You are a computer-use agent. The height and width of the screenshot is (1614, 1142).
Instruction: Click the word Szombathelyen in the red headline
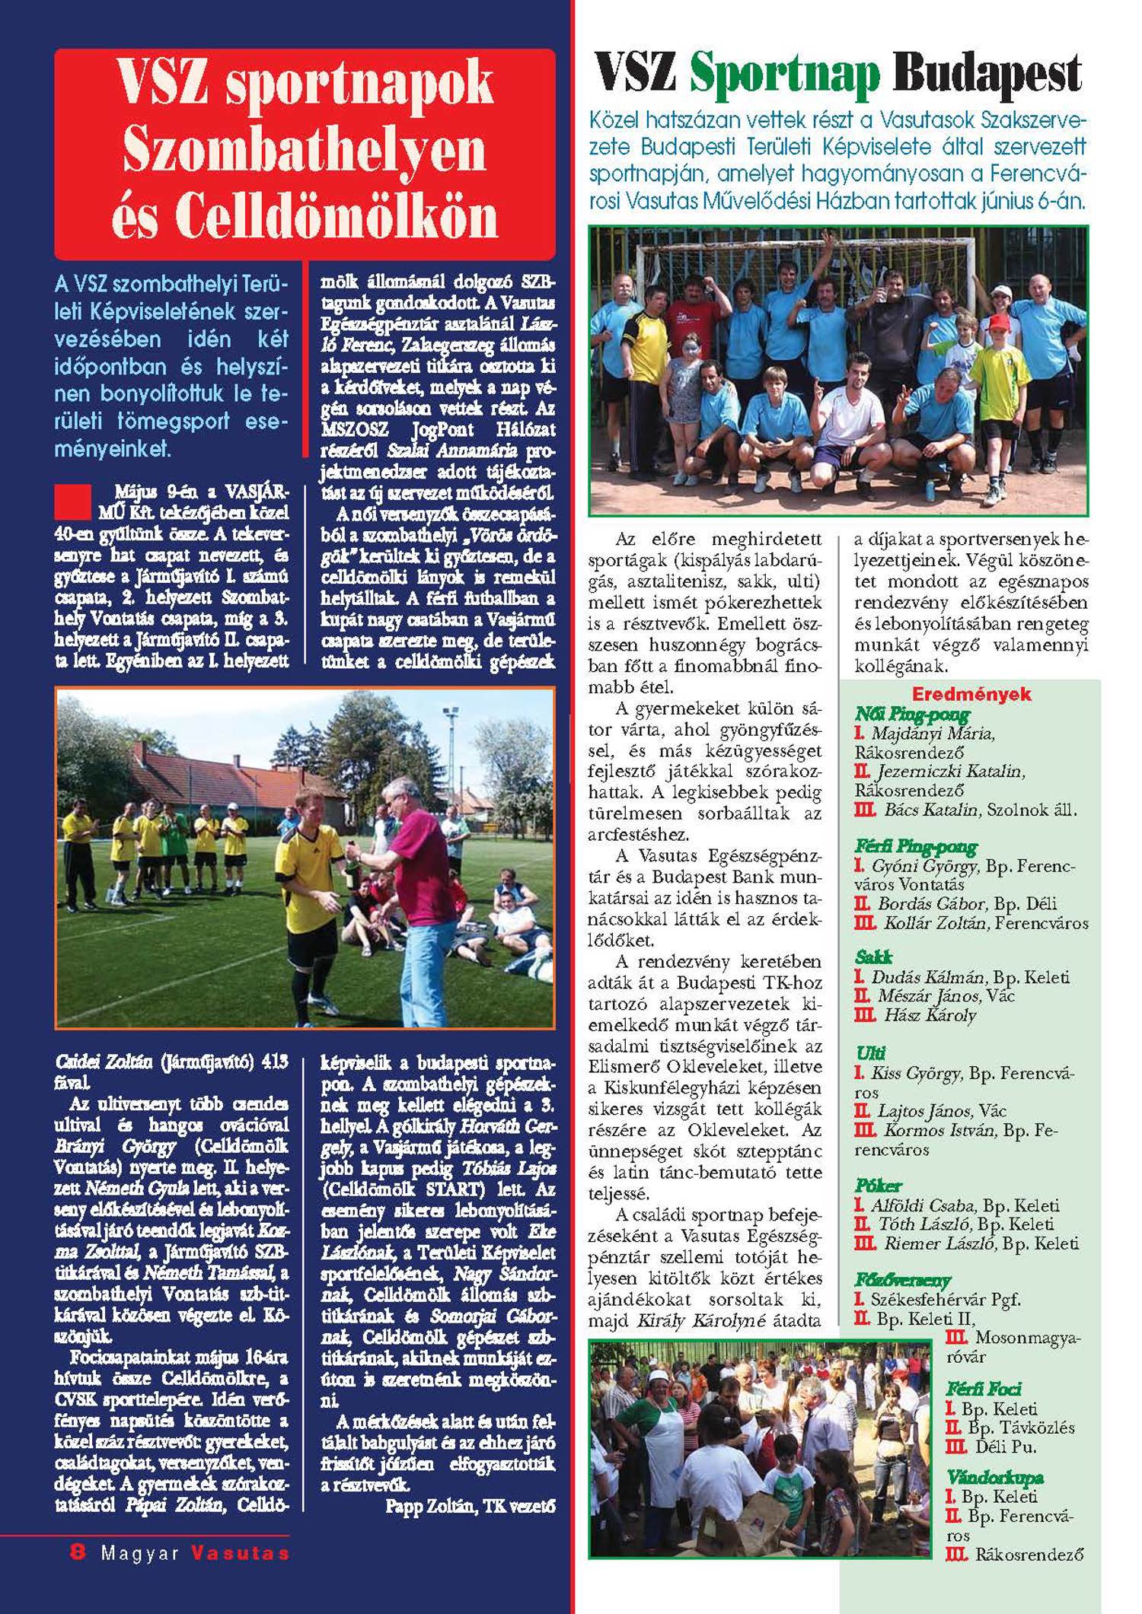(x=305, y=149)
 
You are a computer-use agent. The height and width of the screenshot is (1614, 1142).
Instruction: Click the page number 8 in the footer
(x=78, y=1552)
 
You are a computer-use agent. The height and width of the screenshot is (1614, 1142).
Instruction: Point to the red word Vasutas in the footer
(x=240, y=1553)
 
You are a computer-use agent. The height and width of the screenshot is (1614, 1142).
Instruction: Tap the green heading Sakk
(x=873, y=957)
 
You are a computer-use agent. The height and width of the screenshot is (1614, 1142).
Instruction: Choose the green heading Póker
(x=878, y=1186)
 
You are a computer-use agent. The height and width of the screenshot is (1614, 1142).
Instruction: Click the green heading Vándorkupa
(x=994, y=1477)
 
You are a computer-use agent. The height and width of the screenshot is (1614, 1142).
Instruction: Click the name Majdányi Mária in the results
(x=932, y=734)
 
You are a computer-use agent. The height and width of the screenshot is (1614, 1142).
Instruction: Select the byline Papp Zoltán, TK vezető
(x=470, y=1506)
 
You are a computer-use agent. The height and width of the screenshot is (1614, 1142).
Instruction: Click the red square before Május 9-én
(x=73, y=501)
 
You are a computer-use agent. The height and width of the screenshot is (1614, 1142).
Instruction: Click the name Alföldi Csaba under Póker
(x=923, y=1205)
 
